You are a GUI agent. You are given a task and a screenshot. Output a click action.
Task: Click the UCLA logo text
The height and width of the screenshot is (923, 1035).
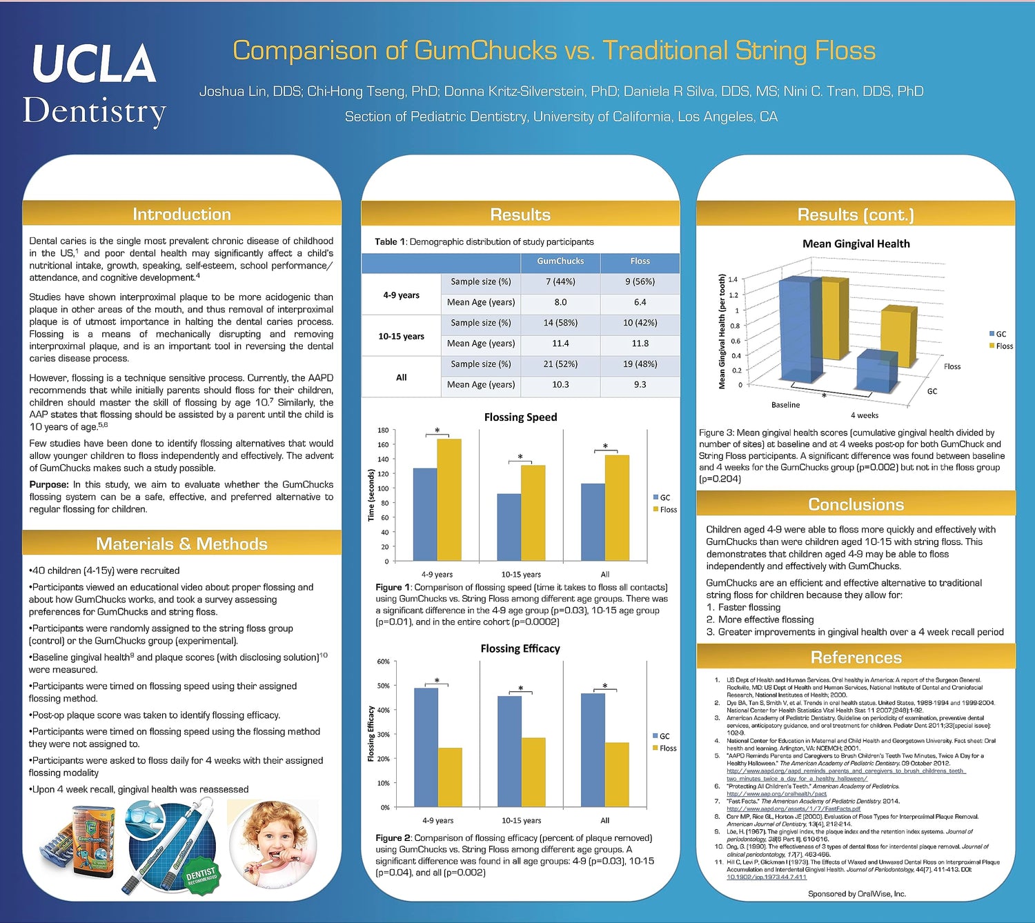(x=94, y=63)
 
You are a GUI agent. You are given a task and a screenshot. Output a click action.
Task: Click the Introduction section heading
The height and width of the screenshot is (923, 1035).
(x=181, y=215)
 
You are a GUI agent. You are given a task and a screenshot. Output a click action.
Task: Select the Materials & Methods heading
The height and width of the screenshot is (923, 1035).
(x=181, y=544)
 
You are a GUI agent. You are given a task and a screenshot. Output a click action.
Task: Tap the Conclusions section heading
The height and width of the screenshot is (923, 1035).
(x=856, y=504)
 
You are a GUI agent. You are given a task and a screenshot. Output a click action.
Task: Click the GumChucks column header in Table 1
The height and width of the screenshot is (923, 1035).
(x=560, y=261)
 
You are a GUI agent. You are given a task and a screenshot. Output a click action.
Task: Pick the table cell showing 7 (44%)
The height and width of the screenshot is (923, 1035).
(x=560, y=281)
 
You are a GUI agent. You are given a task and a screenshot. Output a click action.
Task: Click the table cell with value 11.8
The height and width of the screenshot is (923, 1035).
(x=640, y=343)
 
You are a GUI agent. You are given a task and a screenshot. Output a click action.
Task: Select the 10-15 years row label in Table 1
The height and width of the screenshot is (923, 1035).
(x=401, y=336)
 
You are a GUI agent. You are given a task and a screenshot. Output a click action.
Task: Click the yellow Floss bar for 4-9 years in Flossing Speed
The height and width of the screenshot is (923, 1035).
(x=449, y=499)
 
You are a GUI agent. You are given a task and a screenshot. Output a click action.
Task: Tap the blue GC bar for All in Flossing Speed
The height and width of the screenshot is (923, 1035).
(x=593, y=522)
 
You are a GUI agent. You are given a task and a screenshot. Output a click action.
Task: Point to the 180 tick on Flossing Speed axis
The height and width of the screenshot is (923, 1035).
(x=383, y=430)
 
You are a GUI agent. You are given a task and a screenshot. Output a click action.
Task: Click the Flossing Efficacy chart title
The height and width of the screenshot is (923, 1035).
(x=520, y=648)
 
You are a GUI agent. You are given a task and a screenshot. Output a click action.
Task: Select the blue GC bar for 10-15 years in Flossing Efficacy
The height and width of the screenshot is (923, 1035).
(x=509, y=751)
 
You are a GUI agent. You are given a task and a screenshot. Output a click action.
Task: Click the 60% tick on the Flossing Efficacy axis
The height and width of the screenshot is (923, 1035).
(x=383, y=662)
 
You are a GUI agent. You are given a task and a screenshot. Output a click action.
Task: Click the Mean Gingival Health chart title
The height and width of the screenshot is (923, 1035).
(x=856, y=244)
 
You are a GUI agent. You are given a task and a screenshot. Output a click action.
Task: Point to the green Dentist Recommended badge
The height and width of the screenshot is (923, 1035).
(x=201, y=877)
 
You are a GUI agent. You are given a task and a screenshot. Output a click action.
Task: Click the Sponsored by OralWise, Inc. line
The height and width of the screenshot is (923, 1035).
(x=856, y=894)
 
